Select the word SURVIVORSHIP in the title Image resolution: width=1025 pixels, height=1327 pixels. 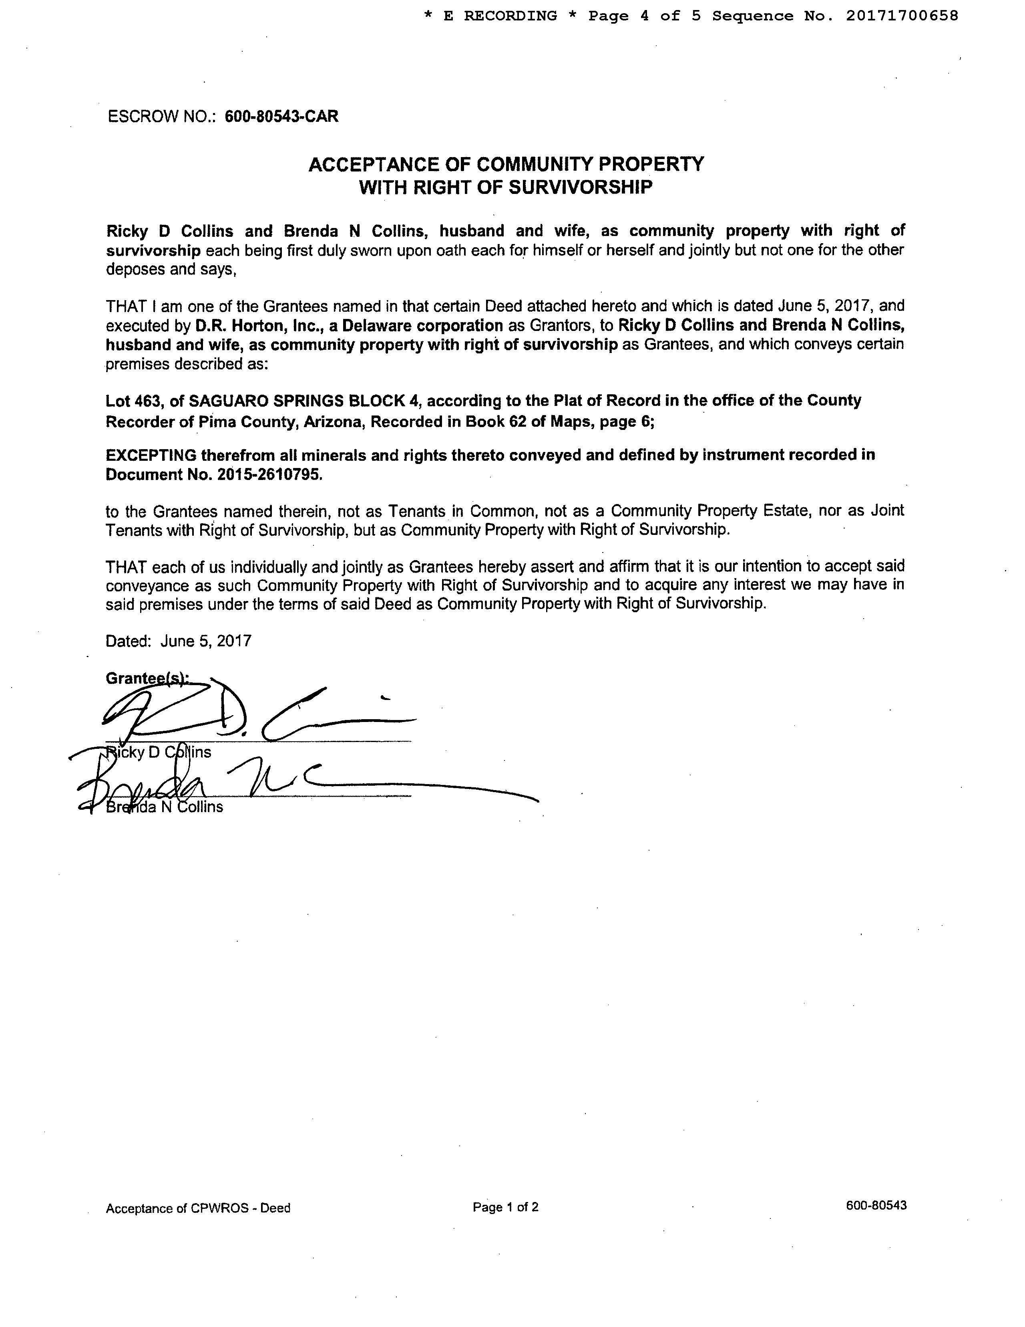[x=580, y=187]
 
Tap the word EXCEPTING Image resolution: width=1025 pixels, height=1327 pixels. [x=151, y=455]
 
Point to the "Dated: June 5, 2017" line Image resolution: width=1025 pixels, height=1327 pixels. [x=179, y=641]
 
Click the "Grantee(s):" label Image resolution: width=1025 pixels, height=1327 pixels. [x=146, y=678]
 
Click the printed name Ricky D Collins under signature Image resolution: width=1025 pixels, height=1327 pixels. [x=159, y=752]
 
